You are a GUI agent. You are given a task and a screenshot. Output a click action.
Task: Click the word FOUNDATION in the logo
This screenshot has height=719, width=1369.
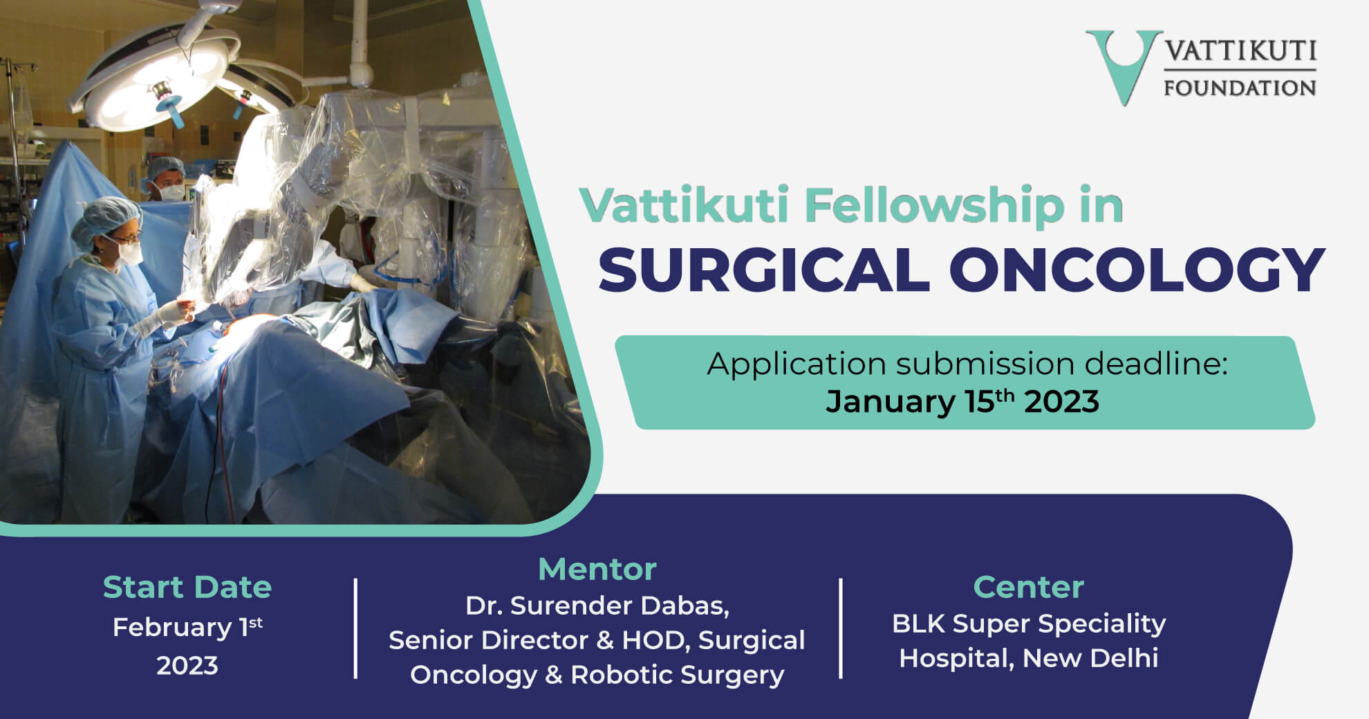coord(1240,88)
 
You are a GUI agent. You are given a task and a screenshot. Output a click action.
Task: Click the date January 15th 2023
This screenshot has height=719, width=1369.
coord(962,401)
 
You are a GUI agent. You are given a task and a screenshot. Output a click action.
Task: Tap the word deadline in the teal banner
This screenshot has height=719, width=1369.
coord(1154,364)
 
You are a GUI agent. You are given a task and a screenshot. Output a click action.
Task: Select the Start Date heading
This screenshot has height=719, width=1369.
coord(187,588)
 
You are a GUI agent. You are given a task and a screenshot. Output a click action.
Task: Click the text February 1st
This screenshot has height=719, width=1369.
coord(187,627)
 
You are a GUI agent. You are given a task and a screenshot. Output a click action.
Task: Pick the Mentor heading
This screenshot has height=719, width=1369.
coord(597,570)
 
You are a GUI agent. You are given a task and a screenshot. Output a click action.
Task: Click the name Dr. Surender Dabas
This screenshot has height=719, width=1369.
coord(597,606)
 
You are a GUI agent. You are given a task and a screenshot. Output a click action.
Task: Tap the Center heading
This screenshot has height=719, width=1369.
coord(1028,588)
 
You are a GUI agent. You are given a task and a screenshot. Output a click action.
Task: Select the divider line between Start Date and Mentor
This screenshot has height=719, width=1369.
coord(355,628)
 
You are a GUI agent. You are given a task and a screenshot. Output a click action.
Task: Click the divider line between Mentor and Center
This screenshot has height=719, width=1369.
coord(841,628)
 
